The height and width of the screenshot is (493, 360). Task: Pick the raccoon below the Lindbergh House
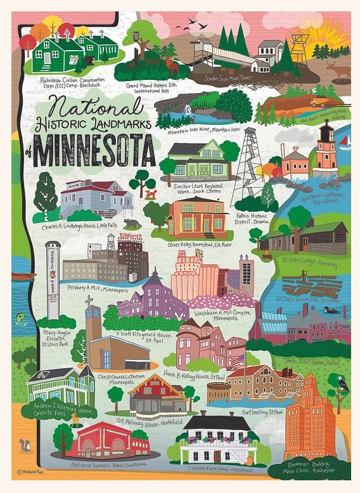coord(131,224)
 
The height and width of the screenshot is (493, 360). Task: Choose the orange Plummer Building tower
coord(311,418)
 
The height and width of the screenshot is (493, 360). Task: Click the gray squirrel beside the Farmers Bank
coord(27,444)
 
